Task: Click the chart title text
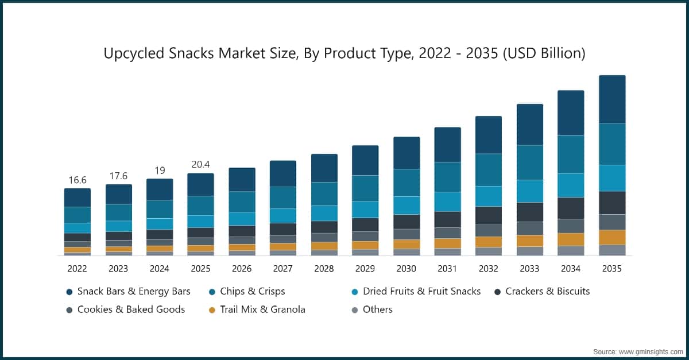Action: (x=344, y=53)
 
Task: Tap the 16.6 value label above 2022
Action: (x=78, y=180)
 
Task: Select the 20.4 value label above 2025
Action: (x=200, y=165)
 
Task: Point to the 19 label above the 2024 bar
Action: (x=160, y=170)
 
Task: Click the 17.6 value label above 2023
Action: (x=118, y=176)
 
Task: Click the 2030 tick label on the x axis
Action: (x=406, y=268)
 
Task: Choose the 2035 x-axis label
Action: (x=611, y=268)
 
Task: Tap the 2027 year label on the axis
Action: (x=282, y=268)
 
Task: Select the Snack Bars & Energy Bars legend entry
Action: (x=134, y=291)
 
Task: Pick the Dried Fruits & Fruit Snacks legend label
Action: (x=421, y=291)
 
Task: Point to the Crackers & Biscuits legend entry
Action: (x=547, y=291)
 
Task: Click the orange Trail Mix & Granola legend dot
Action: (x=212, y=310)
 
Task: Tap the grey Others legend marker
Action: (x=354, y=310)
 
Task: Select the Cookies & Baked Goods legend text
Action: (x=131, y=309)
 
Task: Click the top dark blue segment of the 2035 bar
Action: (x=612, y=99)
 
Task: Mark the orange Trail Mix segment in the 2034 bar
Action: (x=571, y=239)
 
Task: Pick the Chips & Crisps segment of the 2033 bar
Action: (x=530, y=162)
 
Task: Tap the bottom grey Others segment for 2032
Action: (x=489, y=251)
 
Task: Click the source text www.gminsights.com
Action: (x=637, y=350)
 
